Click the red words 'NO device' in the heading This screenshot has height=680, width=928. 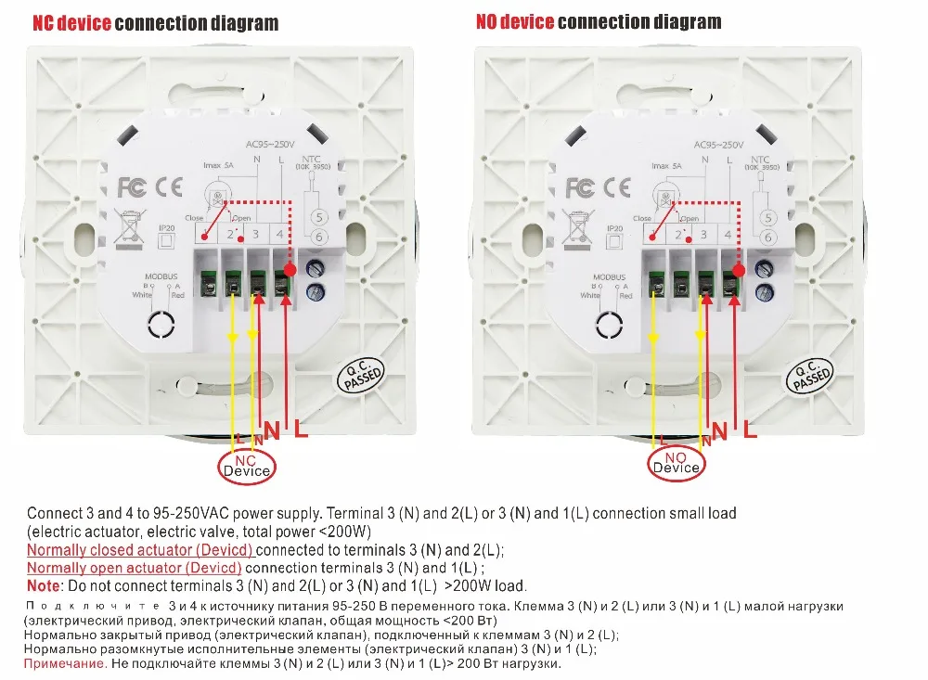click(514, 22)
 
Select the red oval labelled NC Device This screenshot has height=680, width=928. click(246, 465)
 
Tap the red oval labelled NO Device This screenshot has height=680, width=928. click(676, 462)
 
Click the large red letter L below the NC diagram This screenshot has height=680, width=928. click(302, 429)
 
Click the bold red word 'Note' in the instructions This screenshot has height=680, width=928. click(43, 585)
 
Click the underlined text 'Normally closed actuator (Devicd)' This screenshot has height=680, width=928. click(135, 549)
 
